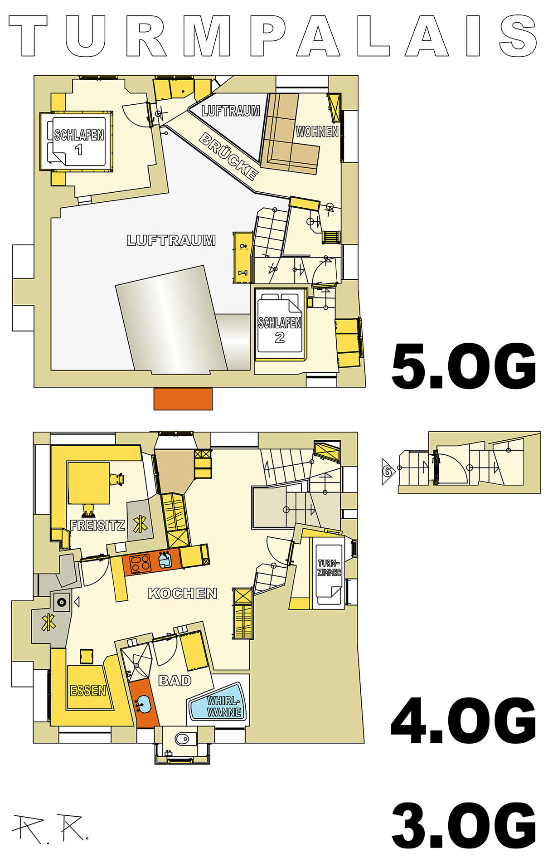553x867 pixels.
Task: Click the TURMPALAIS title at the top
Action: tap(273, 35)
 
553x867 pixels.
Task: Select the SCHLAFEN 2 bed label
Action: tap(280, 330)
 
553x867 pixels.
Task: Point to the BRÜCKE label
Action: tap(229, 156)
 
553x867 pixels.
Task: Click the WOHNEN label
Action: tap(317, 132)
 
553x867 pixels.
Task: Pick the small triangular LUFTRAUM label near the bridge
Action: tap(231, 111)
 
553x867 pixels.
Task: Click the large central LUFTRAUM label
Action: tap(171, 240)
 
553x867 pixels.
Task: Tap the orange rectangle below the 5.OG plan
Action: tap(183, 399)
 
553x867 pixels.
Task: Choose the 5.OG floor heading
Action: tap(464, 366)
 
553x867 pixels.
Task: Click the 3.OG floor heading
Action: tap(464, 826)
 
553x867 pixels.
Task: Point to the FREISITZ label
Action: tap(97, 526)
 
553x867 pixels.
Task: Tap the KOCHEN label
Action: tap(183, 593)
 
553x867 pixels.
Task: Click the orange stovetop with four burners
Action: tap(140, 564)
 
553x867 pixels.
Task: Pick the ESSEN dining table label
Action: tap(88, 691)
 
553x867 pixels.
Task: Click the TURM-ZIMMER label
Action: tap(329, 568)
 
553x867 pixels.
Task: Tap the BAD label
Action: tap(175, 681)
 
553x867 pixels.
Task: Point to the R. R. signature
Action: tap(50, 829)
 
